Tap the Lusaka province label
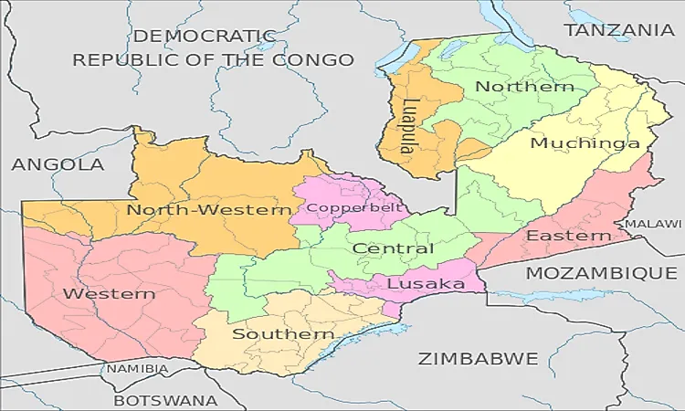[x=426, y=284]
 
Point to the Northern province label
[x=525, y=87]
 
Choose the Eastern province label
[x=568, y=237]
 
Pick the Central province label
[x=393, y=248]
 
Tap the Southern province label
[x=283, y=334]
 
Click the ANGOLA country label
[x=58, y=165]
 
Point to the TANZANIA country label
[x=619, y=30]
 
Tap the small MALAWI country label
[x=652, y=224]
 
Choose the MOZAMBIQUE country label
[x=601, y=273]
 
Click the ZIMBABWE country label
[x=478, y=359]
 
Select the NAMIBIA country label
[x=137, y=369]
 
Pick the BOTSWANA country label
[x=165, y=400]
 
